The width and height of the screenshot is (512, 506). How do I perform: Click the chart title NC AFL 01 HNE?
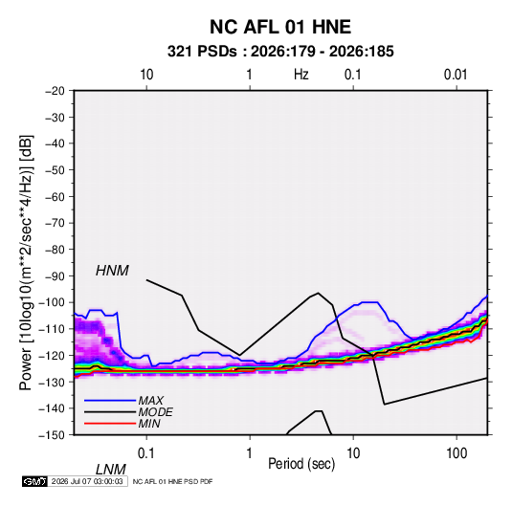pos(280,27)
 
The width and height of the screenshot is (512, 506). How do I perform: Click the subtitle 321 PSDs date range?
pos(280,52)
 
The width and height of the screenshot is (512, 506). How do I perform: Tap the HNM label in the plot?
pos(112,271)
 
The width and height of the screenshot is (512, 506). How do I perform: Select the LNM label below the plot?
pos(110,470)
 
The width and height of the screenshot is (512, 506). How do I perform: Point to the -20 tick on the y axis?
pos(55,91)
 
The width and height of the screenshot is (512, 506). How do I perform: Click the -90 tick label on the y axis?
pos(55,276)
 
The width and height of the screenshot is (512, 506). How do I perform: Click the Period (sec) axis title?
pos(301,464)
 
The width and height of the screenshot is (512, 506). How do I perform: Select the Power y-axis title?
pos(26,263)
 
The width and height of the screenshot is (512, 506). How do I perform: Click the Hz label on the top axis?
pos(301,75)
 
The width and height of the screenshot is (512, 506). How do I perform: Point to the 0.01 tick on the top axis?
pos(456,75)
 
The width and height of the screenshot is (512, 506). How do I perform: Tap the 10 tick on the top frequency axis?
pos(146,75)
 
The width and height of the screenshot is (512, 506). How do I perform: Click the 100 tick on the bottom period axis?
pos(456,453)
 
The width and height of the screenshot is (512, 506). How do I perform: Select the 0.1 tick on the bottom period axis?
pos(146,453)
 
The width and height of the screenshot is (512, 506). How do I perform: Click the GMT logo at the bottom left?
pos(35,481)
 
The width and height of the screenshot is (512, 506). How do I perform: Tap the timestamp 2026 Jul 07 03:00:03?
pos(87,481)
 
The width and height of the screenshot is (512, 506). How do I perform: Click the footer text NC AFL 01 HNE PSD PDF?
pos(172,481)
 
